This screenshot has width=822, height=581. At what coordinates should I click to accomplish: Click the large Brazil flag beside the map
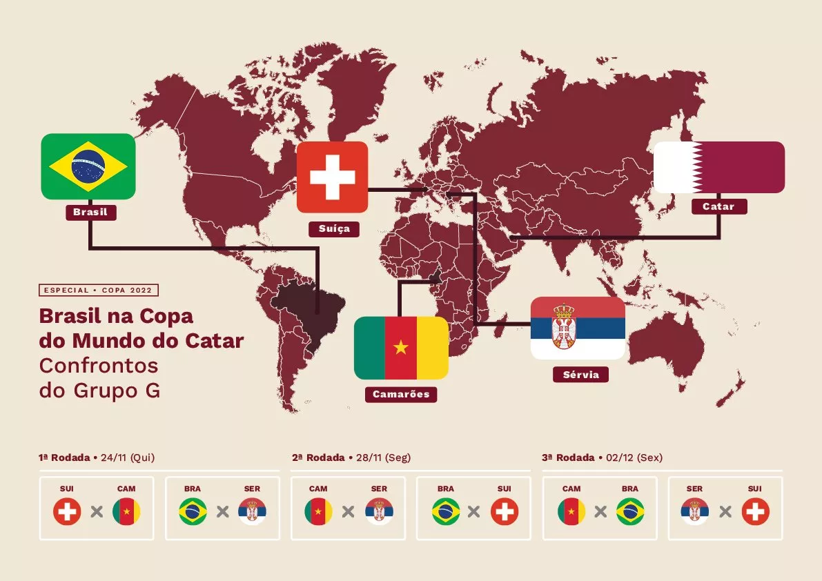click(x=88, y=166)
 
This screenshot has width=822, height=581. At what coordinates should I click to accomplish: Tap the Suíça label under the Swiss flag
click(x=334, y=228)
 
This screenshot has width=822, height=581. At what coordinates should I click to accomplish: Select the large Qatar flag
click(x=718, y=167)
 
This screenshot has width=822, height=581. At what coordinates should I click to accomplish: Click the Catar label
click(x=718, y=206)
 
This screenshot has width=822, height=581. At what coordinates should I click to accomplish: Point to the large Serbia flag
click(x=578, y=328)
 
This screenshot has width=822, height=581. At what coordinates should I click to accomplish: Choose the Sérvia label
click(x=580, y=375)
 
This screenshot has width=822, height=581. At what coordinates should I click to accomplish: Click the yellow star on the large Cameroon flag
click(x=401, y=347)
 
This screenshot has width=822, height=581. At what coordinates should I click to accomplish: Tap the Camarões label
click(x=401, y=394)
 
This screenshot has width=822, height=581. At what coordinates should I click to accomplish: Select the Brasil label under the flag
click(x=90, y=212)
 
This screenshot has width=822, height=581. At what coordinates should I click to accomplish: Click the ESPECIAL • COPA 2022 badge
click(x=99, y=290)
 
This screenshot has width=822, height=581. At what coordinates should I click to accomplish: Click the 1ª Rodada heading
click(x=64, y=457)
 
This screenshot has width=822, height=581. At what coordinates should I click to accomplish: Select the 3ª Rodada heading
click(x=568, y=457)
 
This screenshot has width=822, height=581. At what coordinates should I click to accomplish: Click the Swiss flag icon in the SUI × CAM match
click(x=67, y=512)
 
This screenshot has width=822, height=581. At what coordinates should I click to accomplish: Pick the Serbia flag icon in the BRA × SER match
click(x=252, y=512)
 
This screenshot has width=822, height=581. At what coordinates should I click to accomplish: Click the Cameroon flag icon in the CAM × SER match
click(x=318, y=512)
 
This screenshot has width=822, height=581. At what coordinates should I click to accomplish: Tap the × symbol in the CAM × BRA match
click(x=600, y=512)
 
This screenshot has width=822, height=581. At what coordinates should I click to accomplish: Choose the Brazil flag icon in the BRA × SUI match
click(x=446, y=512)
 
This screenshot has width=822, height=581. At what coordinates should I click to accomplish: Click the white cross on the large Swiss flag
click(x=332, y=177)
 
